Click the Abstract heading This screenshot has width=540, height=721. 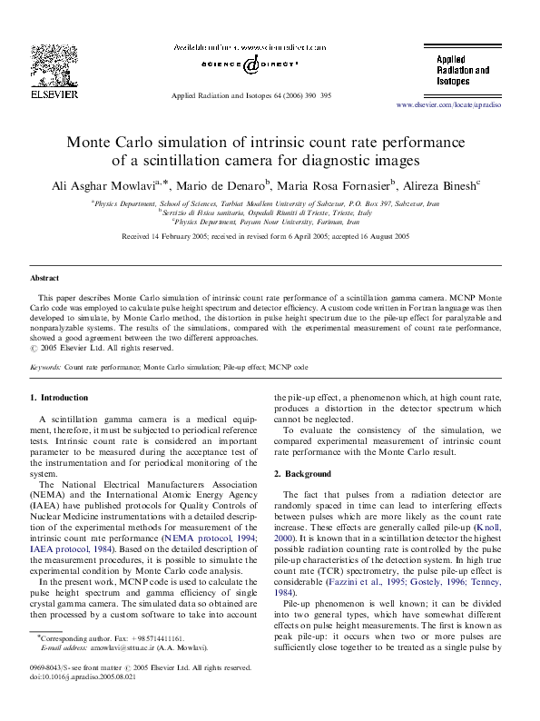[x=44, y=278]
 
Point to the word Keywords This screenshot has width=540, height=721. [x=46, y=367]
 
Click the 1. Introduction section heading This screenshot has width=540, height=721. [x=60, y=398]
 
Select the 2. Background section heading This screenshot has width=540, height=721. [x=303, y=474]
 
